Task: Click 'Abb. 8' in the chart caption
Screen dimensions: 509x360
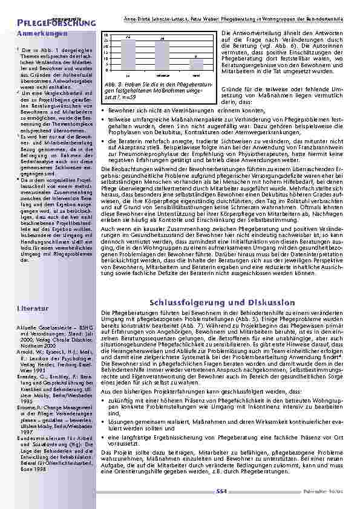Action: (x=111, y=82)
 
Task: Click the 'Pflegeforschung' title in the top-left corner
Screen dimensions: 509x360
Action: (x=44, y=22)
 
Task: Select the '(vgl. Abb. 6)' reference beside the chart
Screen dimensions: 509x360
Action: (x=288, y=45)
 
